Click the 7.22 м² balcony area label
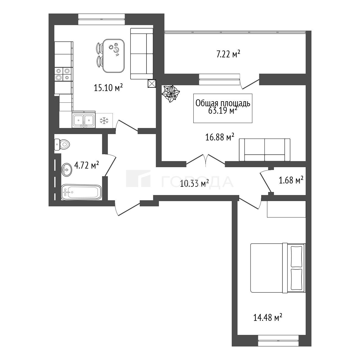click(228, 55)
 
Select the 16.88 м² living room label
click(220, 137)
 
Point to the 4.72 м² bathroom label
click(87, 165)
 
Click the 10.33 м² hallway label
click(194, 183)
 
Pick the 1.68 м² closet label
click(291, 180)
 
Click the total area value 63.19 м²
click(223, 111)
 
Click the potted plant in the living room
click(170, 94)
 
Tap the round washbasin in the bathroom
click(66, 170)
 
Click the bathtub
click(81, 192)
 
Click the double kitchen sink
click(84, 119)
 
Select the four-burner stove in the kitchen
click(63, 74)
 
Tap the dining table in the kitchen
click(114, 56)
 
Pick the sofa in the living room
click(265, 150)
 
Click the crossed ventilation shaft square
click(151, 84)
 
